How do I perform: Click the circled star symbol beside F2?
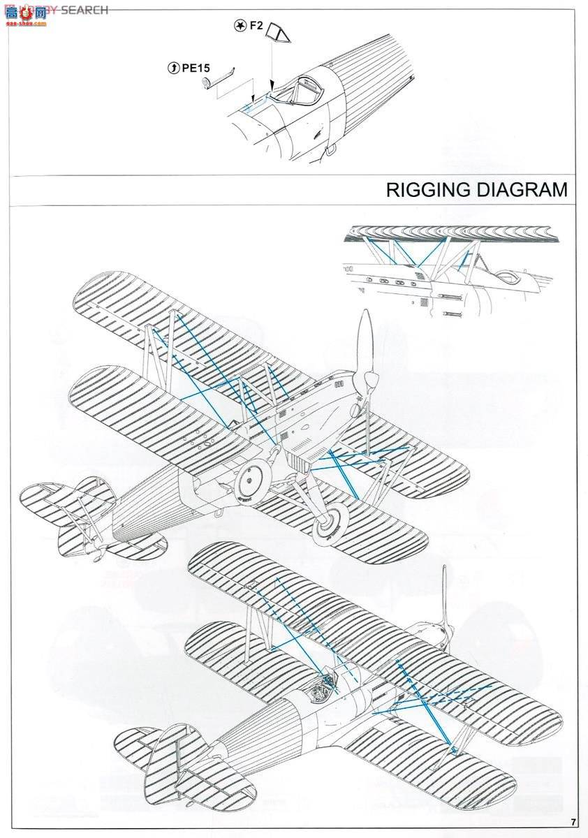tap(239, 27)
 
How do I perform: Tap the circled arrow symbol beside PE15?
tap(174, 68)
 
